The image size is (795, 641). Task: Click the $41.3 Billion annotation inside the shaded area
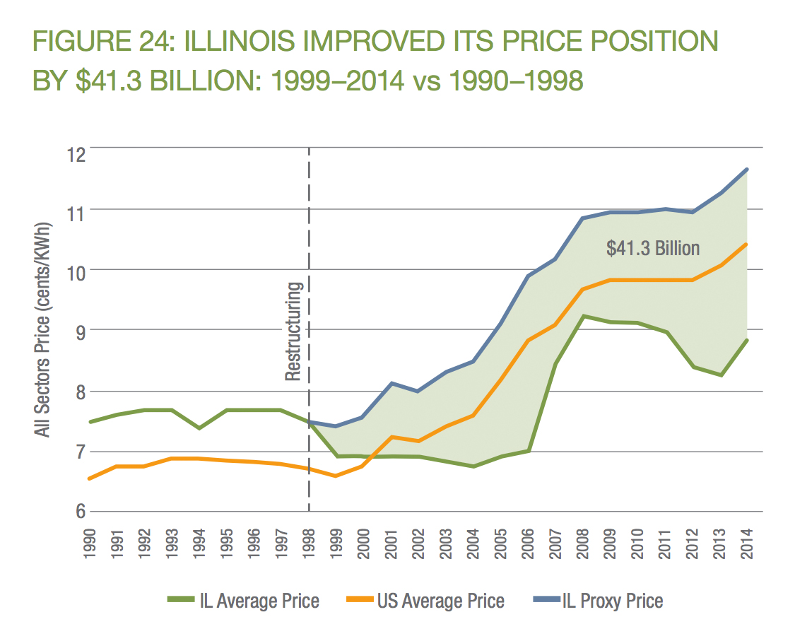pos(653,248)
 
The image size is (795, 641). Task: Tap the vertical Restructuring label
pos(294,331)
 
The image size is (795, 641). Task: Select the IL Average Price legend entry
pos(244,601)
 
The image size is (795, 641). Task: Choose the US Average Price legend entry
pos(426,601)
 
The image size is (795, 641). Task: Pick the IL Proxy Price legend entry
pos(598,601)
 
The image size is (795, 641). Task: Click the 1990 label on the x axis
pos(90,543)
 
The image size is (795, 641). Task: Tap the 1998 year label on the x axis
pos(309,543)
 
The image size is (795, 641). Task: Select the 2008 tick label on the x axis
pos(583,543)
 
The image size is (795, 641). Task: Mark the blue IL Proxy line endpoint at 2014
pos(747,169)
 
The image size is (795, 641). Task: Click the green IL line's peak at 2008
pos(583,316)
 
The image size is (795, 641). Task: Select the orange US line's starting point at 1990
pos(90,478)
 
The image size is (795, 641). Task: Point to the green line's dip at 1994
pos(199,428)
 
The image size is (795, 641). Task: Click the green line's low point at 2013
pos(720,375)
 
